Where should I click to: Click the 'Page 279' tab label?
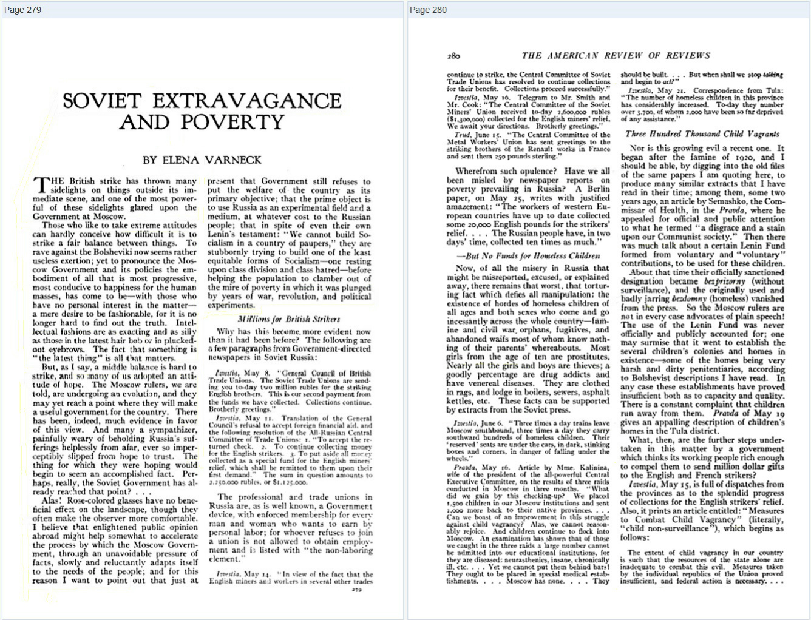click(22, 10)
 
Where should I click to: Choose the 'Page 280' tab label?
click(428, 10)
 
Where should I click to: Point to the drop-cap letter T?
click(42, 185)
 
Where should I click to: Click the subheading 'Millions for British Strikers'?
click(289, 319)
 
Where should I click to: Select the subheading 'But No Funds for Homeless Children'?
click(529, 255)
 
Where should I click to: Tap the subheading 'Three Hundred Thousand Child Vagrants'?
click(702, 134)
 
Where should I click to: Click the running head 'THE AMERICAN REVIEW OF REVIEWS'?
click(616, 56)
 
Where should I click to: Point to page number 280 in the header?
click(453, 56)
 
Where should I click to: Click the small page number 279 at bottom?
click(356, 590)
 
